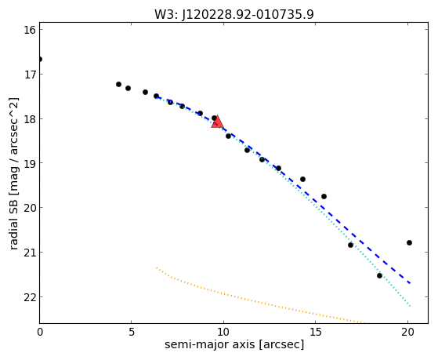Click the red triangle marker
click(x=217, y=122)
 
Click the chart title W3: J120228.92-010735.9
click(x=234, y=15)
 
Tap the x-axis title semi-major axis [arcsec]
click(x=234, y=344)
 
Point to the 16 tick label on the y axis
click(x=30, y=30)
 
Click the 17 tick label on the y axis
click(x=30, y=75)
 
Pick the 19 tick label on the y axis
click(x=30, y=163)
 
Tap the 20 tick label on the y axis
click(x=30, y=208)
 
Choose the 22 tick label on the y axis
click(x=30, y=297)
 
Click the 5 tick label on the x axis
click(x=132, y=332)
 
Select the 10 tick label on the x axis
click(x=223, y=332)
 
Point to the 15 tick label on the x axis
click(x=315, y=332)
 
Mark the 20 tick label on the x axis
click(x=407, y=332)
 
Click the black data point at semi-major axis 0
click(x=40, y=60)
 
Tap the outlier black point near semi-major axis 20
click(x=409, y=243)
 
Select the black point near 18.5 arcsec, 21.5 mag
click(x=379, y=276)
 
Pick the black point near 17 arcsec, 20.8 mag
click(x=350, y=245)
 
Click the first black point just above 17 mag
click(x=118, y=84)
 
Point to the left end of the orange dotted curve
click(x=157, y=267)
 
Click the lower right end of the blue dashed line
click(x=410, y=283)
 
